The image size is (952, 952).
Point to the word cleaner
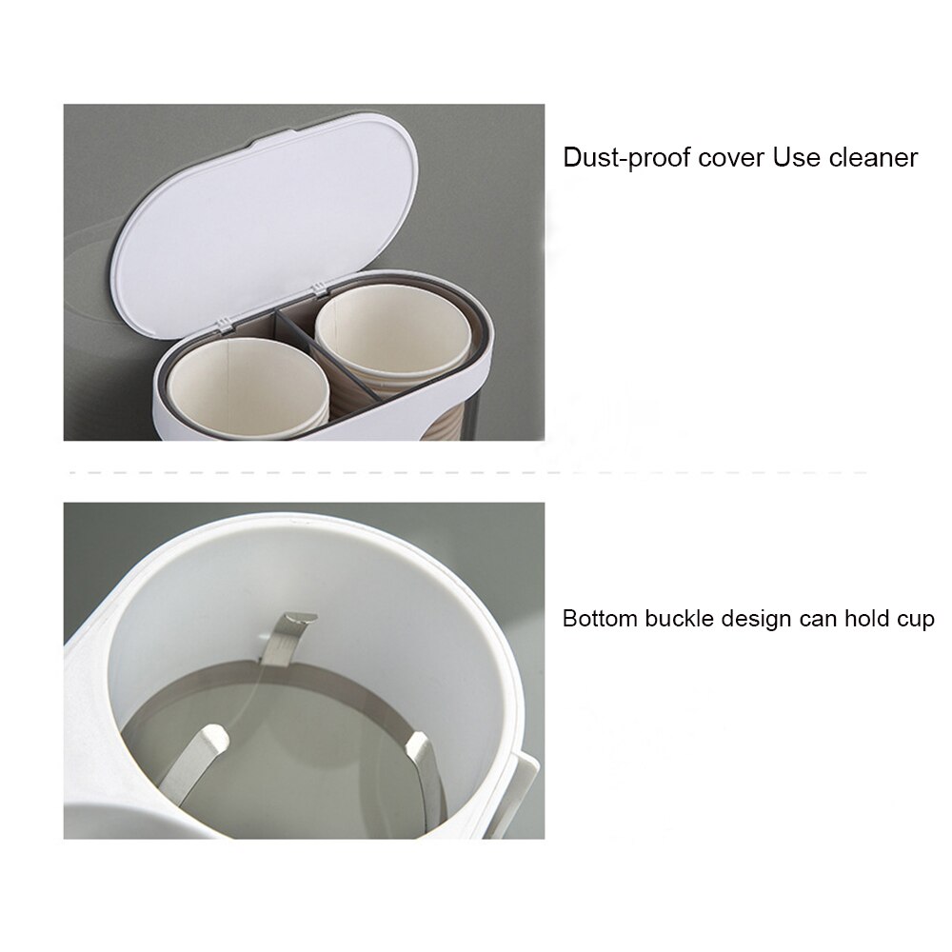pyautogui.click(x=871, y=157)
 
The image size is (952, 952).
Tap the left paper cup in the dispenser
pyautogui.click(x=249, y=390)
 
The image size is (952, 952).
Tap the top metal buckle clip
pyautogui.click(x=287, y=633)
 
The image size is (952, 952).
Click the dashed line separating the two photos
pyautogui.click(x=466, y=472)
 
